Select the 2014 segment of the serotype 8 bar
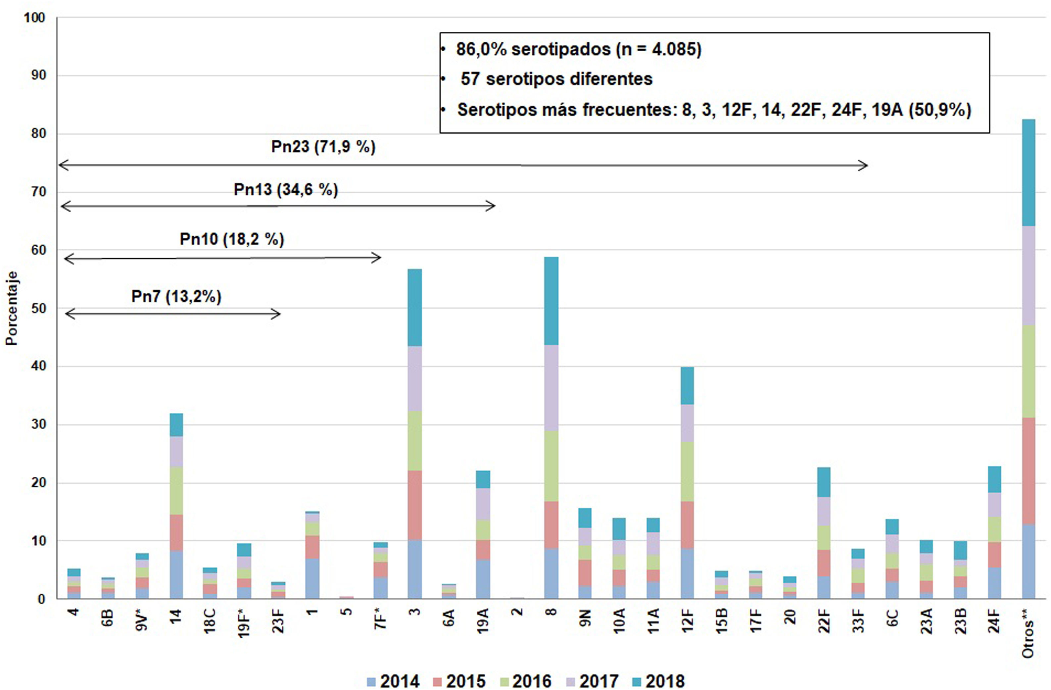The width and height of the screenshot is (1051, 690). pos(551,573)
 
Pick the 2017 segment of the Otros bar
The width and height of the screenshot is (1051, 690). pos(1028,276)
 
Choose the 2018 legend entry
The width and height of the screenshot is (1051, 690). pos(659,681)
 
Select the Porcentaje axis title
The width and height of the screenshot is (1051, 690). pos(12,308)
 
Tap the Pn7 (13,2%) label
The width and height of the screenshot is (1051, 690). pos(176,296)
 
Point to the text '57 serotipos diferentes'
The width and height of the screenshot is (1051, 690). pos(556,79)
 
